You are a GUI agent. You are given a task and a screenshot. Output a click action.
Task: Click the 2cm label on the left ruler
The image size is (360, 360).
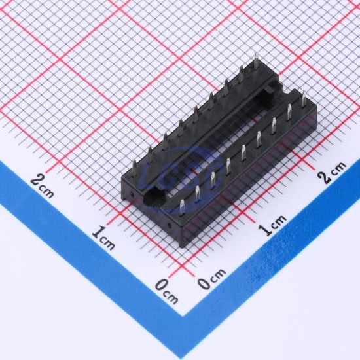(x=42, y=186)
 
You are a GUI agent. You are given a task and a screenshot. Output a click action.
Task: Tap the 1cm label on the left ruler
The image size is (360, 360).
(x=103, y=238)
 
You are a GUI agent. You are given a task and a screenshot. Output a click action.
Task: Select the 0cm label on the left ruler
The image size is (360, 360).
(x=167, y=291)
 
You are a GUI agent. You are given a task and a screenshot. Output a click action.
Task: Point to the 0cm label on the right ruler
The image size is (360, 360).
(x=211, y=278)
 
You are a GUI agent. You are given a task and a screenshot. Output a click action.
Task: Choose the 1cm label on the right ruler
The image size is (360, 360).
(x=273, y=225)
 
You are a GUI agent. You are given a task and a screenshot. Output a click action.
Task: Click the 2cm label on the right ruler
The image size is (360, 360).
(x=332, y=172)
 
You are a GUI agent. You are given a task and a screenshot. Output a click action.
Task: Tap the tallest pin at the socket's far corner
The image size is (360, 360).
(x=256, y=60)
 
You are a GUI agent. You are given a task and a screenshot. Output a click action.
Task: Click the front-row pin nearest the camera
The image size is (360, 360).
(x=182, y=207)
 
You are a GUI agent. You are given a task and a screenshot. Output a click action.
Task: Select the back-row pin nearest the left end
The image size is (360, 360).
(x=135, y=169)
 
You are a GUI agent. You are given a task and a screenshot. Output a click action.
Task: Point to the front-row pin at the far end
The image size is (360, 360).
(x=304, y=99)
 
